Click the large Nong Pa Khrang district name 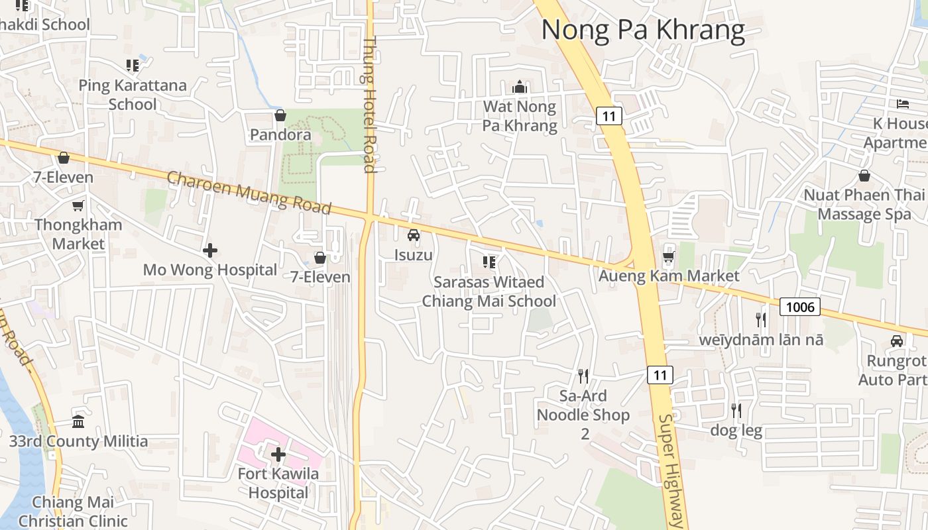[x=643, y=30]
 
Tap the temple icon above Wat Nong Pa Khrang [x=519, y=87]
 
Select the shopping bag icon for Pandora [x=280, y=116]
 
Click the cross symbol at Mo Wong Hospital [x=210, y=250]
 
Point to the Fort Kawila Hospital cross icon [x=278, y=454]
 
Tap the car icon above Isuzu [x=414, y=235]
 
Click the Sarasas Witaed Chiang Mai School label [x=489, y=291]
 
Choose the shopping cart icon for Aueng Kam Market [x=669, y=256]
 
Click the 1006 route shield [x=799, y=306]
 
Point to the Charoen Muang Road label [x=249, y=193]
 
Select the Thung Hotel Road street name [x=369, y=105]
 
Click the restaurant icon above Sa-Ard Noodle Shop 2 [x=583, y=376]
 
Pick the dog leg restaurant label [x=736, y=431]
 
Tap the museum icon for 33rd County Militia [x=78, y=422]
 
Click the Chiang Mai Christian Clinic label [x=73, y=511]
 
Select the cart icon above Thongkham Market [x=78, y=205]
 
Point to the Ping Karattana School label [x=133, y=95]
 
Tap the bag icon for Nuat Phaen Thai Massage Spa [x=864, y=176]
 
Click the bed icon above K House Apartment [x=902, y=103]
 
